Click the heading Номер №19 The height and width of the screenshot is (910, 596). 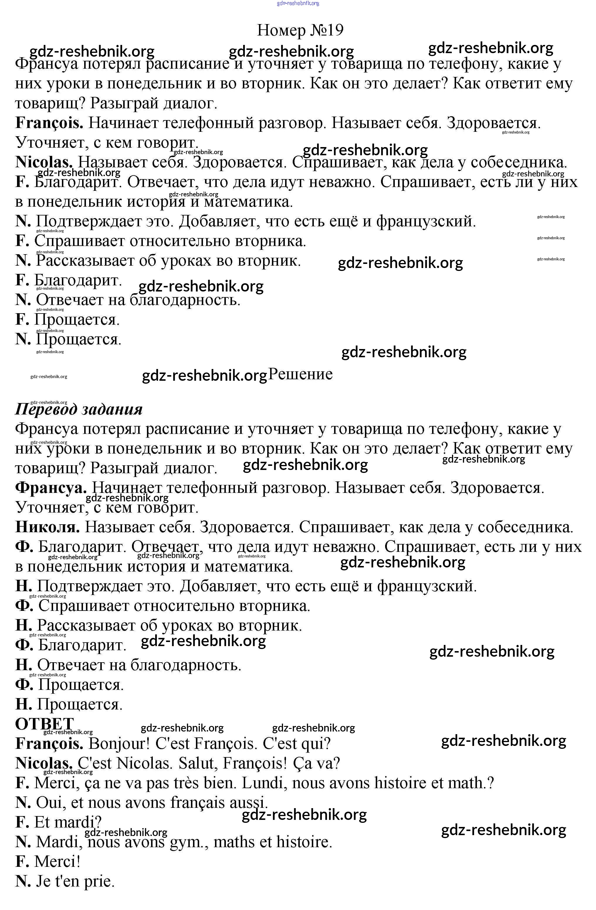(300, 30)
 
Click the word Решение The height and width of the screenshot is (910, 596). (300, 374)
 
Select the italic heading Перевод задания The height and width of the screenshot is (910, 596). (79, 409)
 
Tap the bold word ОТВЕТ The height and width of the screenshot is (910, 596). (44, 724)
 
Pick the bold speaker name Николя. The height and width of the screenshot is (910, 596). (48, 527)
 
